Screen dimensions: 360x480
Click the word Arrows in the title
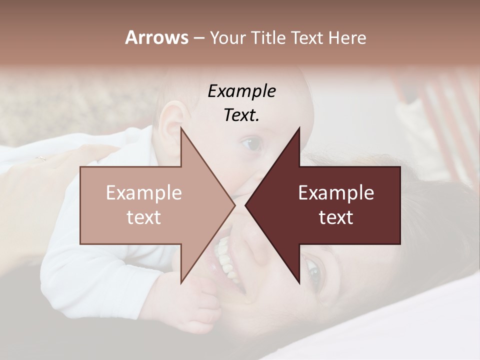point(156,37)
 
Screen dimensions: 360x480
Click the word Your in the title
point(227,37)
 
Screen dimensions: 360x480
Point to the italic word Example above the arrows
point(242,91)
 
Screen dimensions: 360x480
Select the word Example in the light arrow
point(144,193)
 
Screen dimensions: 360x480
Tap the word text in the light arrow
point(144,217)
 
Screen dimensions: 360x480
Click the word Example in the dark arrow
point(336,193)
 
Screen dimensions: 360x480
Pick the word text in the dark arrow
point(336,217)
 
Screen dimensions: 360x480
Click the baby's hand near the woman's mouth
point(202,300)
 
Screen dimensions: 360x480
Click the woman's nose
point(255,245)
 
